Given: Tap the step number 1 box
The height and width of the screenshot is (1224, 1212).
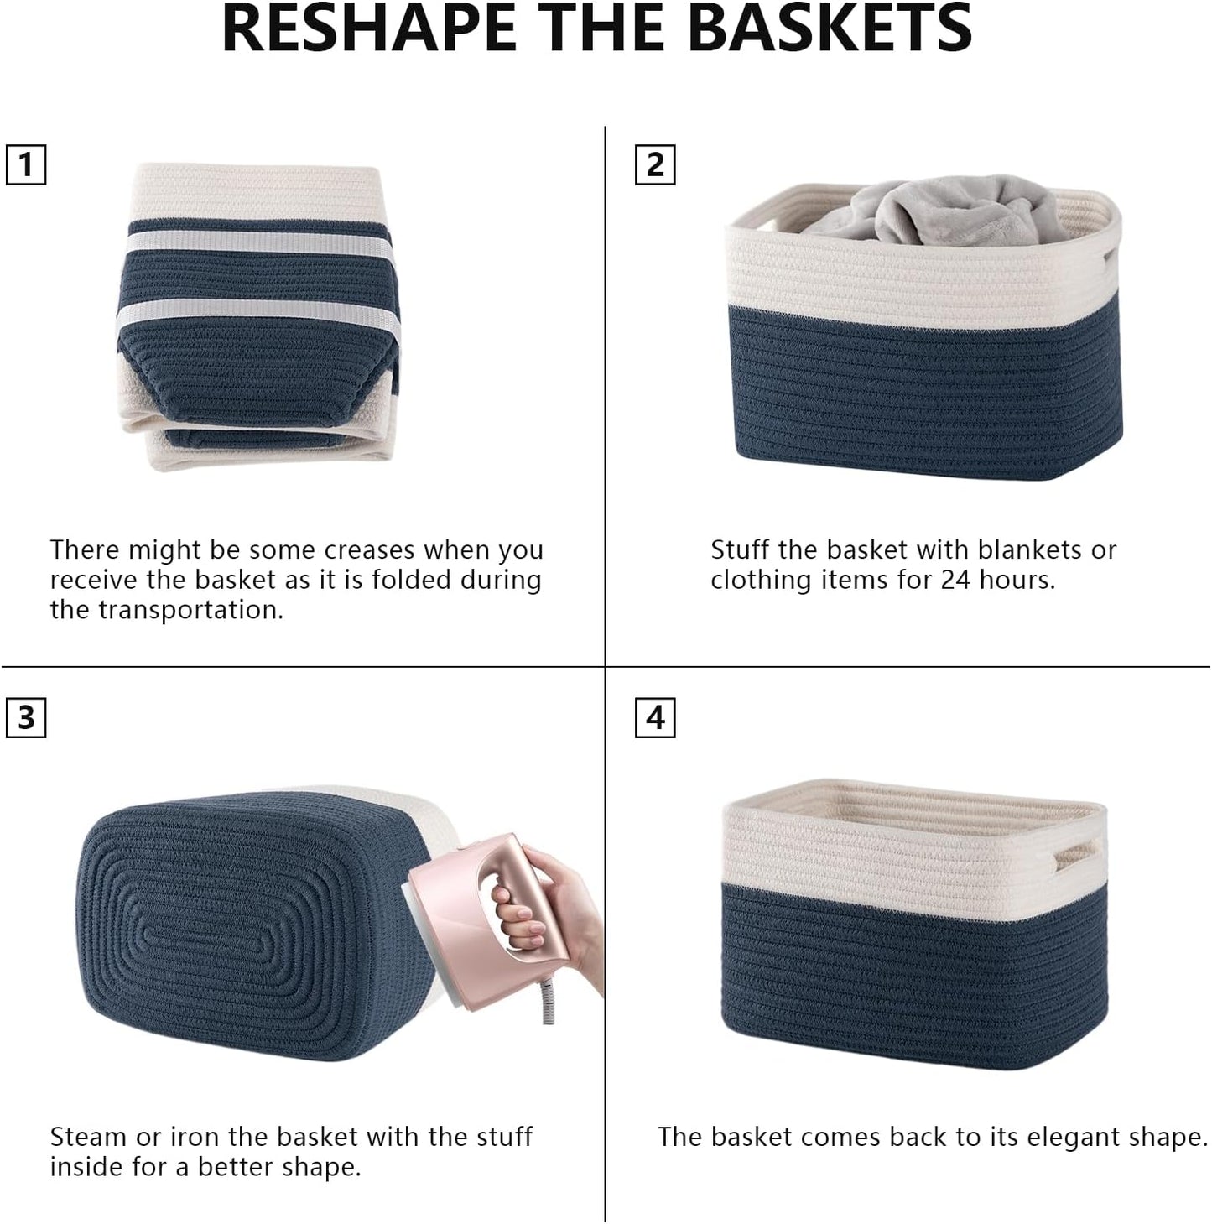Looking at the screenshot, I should click(26, 164).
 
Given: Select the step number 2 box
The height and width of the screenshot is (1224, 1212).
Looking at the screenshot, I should click(655, 164).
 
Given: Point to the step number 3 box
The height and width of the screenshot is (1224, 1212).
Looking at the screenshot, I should click(26, 718).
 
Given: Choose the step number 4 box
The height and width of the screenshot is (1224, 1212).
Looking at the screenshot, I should click(655, 718).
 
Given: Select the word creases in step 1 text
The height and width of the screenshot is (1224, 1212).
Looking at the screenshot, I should click(369, 550).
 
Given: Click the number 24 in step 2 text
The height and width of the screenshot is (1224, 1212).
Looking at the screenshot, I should click(956, 581).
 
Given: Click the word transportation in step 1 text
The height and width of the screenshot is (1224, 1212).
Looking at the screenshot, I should click(201, 611).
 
